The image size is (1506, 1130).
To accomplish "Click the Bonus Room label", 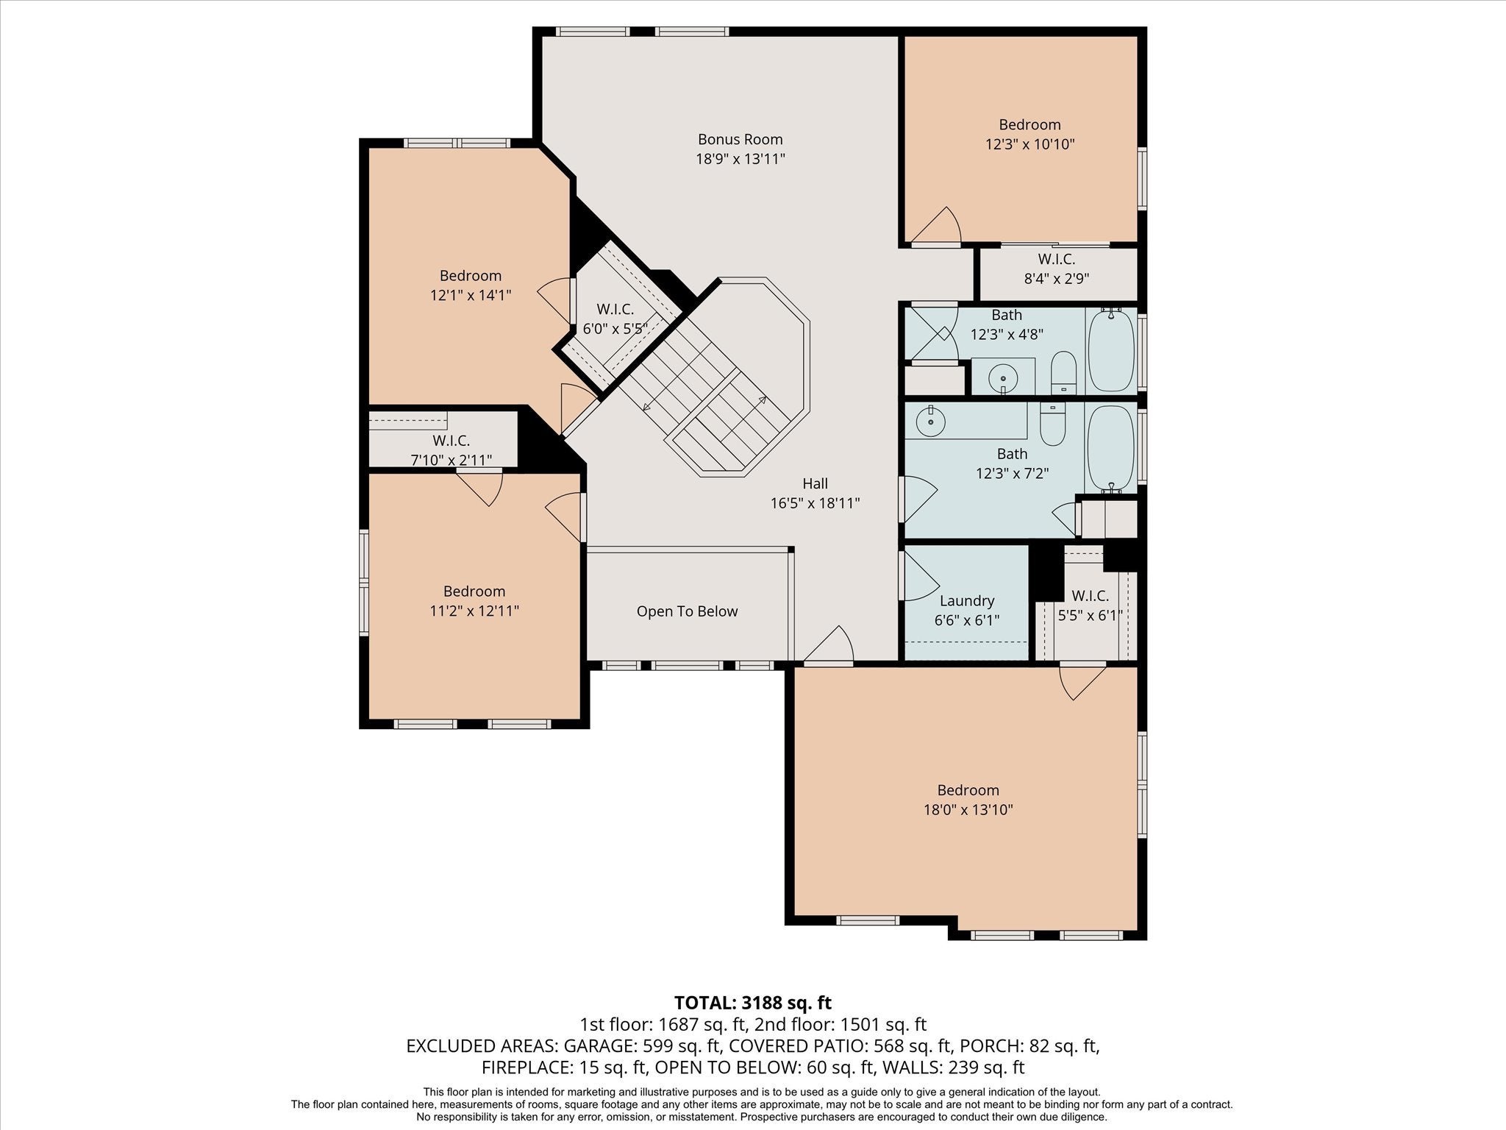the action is [x=740, y=139].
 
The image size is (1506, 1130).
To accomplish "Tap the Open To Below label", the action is [x=687, y=611].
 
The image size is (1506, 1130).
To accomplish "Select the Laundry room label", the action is [x=966, y=601].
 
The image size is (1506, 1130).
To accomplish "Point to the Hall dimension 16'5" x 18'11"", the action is [x=815, y=503].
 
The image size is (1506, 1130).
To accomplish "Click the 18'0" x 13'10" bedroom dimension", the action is [x=968, y=810].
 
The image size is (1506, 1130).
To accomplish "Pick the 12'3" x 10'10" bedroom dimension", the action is [x=1029, y=144].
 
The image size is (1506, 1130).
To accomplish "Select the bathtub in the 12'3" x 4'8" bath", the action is [x=1111, y=350].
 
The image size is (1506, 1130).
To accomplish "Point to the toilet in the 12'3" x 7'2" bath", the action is [x=1053, y=424].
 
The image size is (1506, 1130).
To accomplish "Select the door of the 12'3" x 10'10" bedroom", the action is [x=937, y=224].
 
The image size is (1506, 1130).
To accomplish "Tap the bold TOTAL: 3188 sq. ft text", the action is [x=753, y=1003].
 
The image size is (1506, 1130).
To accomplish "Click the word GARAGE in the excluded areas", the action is [x=602, y=1046].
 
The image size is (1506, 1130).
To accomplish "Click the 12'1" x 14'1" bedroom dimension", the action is [x=471, y=295].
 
